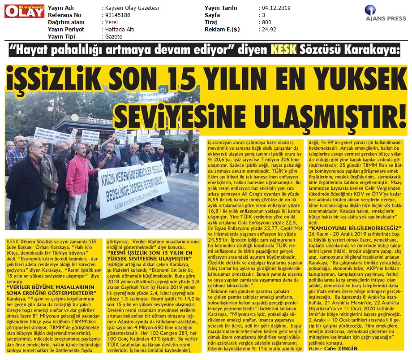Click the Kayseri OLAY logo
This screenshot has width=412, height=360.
click(18, 11)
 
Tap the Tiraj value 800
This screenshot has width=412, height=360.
click(266, 22)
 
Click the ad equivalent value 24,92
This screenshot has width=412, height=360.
click(270, 30)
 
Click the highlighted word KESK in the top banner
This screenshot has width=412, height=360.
click(283, 50)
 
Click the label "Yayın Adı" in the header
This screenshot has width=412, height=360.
click(62, 8)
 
